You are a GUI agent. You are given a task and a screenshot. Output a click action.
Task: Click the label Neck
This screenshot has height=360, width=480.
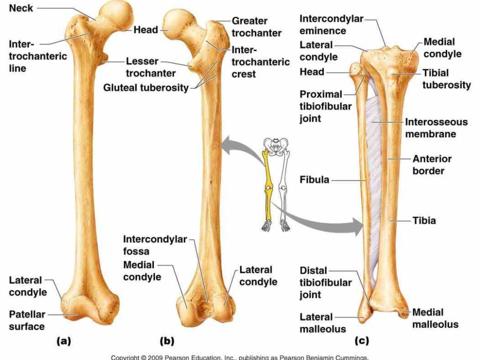pyautogui.click(x=22, y=8)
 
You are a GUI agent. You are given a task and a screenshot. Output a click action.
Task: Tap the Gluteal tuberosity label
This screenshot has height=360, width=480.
pyautogui.click(x=146, y=87)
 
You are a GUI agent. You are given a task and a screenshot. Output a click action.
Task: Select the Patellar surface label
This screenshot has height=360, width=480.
pyautogui.click(x=27, y=320)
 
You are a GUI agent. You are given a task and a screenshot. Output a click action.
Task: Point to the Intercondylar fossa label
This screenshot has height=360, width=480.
pyautogui.click(x=155, y=245)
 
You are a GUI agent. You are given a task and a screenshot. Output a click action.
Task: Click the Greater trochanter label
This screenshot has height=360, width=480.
pyautogui.click(x=256, y=27)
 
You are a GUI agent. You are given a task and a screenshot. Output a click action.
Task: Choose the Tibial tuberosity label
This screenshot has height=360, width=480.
pyautogui.click(x=446, y=79)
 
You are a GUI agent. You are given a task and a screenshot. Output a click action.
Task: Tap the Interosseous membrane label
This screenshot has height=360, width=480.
pyautogui.click(x=436, y=128)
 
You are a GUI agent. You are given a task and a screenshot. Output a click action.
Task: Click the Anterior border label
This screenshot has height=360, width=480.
pyautogui.click(x=432, y=165)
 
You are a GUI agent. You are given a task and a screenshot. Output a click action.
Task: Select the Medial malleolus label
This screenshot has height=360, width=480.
pyautogui.click(x=435, y=318)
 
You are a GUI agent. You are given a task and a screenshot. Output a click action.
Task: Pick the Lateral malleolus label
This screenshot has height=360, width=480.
pyautogui.click(x=316, y=323)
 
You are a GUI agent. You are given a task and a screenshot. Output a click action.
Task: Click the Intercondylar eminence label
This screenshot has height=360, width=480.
pyautogui.click(x=331, y=25)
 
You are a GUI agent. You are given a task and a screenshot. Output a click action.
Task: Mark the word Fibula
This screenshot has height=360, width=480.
pyautogui.click(x=314, y=180)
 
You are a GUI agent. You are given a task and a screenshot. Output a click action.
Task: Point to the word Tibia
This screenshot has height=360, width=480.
pyautogui.click(x=424, y=220)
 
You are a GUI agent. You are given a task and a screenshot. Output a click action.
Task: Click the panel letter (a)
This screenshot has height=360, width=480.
pyautogui.click(x=64, y=341)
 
